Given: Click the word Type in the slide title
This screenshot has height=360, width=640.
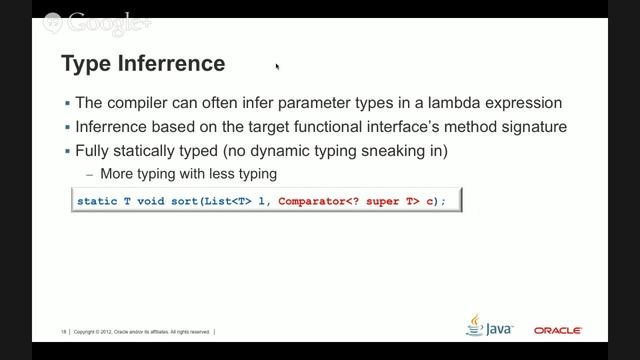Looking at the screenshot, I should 83,65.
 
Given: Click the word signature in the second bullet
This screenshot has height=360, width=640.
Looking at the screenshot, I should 533,127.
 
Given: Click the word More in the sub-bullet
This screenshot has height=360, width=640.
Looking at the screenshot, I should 115,174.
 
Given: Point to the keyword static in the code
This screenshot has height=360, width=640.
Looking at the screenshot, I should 98,201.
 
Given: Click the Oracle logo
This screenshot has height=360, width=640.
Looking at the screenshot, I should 557,330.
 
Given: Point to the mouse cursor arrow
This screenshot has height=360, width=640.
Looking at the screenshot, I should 276,67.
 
